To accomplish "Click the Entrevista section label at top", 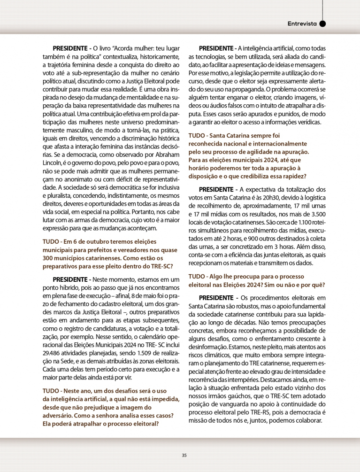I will [x=302, y=23].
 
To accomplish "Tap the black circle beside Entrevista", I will [x=322, y=23].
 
